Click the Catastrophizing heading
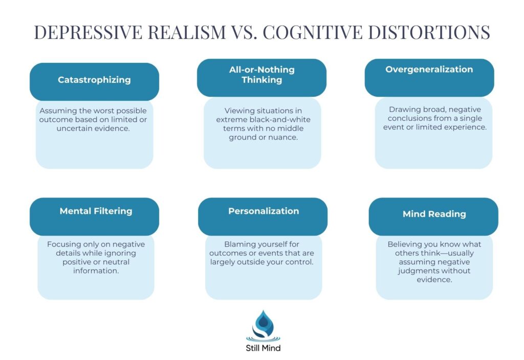(94, 80)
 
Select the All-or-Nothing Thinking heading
(261, 75)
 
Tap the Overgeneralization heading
(429, 70)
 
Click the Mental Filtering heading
(96, 211)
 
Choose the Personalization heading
(264, 211)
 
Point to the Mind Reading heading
(434, 214)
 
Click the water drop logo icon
(263, 325)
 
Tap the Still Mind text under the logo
(263, 348)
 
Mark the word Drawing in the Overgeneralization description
(404, 109)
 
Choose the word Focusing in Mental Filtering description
(64, 244)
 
